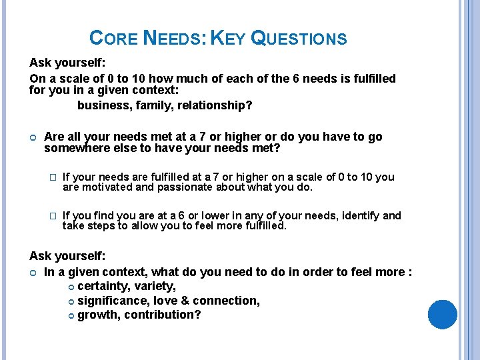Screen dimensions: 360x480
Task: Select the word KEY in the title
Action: (x=228, y=39)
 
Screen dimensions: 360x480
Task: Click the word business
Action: (x=103, y=105)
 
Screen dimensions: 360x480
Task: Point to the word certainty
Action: (x=103, y=286)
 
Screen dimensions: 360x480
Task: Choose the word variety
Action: (x=155, y=286)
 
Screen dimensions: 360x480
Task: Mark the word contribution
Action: (x=162, y=315)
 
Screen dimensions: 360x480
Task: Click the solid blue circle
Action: (x=442, y=315)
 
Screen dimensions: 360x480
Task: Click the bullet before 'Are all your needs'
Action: (x=33, y=137)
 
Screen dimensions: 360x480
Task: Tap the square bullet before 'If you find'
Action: (x=54, y=216)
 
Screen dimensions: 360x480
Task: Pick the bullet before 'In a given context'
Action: (x=33, y=272)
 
